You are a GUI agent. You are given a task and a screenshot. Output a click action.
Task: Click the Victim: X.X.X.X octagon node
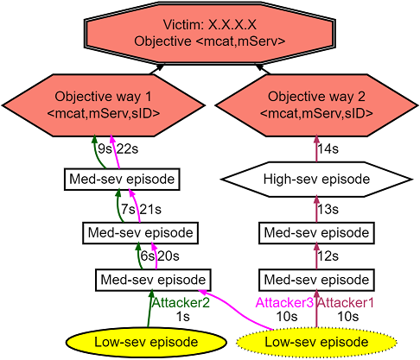pyautogui.click(x=210, y=33)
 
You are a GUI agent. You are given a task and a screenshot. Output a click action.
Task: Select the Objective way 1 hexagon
pyautogui.click(x=103, y=105)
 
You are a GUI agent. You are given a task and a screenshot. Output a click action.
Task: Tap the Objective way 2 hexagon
pyautogui.click(x=316, y=105)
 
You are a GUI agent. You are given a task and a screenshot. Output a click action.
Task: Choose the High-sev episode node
pyautogui.click(x=316, y=180)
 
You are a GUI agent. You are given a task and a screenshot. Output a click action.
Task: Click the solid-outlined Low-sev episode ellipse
pyautogui.click(x=146, y=343)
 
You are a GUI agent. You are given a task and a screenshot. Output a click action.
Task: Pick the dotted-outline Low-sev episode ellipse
pyautogui.click(x=316, y=343)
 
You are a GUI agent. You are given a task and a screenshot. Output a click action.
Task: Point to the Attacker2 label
pyautogui.click(x=181, y=303)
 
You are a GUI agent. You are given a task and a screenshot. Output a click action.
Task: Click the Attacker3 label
pyautogui.click(x=284, y=303)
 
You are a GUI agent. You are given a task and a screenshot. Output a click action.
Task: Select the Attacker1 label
pyautogui.click(x=346, y=303)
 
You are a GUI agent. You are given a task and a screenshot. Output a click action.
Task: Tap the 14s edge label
pyautogui.click(x=328, y=149)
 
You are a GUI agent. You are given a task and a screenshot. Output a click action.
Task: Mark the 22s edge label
pyautogui.click(x=127, y=149)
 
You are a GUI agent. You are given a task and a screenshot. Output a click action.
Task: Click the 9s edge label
pyautogui.click(x=105, y=149)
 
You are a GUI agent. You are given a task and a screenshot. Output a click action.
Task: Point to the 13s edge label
pyautogui.click(x=328, y=210)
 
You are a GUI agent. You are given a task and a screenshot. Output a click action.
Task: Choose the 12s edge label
pyautogui.click(x=328, y=256)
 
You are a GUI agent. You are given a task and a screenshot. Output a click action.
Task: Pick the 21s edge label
pyautogui.click(x=150, y=210)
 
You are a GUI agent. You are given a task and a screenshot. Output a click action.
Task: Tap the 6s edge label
pyautogui.click(x=147, y=256)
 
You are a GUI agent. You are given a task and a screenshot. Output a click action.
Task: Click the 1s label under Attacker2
pyautogui.click(x=183, y=317)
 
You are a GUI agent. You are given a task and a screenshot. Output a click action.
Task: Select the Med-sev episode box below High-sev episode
pyautogui.click(x=316, y=233)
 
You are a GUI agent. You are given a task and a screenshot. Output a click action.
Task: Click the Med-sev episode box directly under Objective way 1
pyautogui.click(x=122, y=180)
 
